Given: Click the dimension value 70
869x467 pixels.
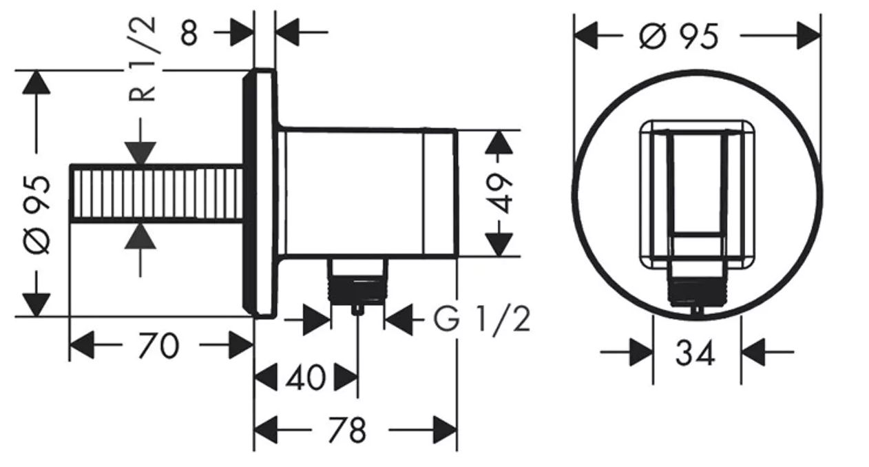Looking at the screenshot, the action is click(x=158, y=346).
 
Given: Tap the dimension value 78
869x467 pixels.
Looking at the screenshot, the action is click(x=347, y=430).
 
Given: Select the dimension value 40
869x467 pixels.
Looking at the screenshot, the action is click(x=306, y=377).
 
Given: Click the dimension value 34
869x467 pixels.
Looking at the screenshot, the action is click(x=695, y=353).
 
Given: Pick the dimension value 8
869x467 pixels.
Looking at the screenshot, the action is click(x=189, y=32).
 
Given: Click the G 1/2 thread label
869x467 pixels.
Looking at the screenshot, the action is click(x=481, y=319).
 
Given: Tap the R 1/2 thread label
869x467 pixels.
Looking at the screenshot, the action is click(x=142, y=59).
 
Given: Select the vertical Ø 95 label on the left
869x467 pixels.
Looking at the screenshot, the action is click(x=37, y=215).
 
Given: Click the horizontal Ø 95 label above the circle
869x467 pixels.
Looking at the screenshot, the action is click(x=679, y=36).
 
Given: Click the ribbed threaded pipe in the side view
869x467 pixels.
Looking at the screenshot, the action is click(x=156, y=194).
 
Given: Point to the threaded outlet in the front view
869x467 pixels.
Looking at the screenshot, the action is click(x=697, y=288).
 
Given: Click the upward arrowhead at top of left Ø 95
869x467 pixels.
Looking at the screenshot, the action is click(x=36, y=82).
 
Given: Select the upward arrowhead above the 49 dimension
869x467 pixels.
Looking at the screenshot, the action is click(x=499, y=143).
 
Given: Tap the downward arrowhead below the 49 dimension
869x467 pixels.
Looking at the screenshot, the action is click(x=499, y=245).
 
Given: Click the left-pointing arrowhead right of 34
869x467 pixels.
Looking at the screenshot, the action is click(x=753, y=352).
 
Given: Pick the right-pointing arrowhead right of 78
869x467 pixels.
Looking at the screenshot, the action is click(x=446, y=430).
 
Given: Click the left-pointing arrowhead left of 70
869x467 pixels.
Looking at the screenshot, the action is click(x=81, y=345).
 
